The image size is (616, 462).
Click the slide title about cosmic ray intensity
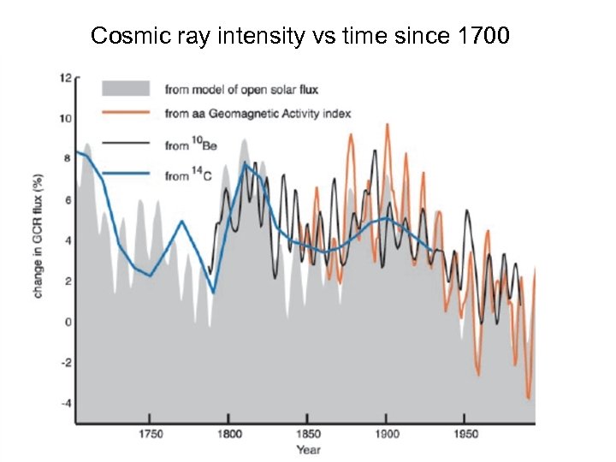click(300, 36)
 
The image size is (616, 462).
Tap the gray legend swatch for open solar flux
click(125, 88)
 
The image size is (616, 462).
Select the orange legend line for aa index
click(125, 113)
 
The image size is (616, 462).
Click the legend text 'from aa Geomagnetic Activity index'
click(258, 113)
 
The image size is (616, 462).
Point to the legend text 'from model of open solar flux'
click(237, 88)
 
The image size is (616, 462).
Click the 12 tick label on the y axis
click(65, 78)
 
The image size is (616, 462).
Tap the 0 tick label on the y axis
click(68, 322)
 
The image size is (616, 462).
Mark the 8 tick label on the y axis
click(68, 159)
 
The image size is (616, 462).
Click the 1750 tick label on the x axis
click(150, 434)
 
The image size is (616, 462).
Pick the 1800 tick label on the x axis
click(228, 434)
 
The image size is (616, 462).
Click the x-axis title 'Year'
click(308, 449)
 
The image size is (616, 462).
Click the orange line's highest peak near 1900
click(387, 125)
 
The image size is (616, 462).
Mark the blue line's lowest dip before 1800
click(213, 293)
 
